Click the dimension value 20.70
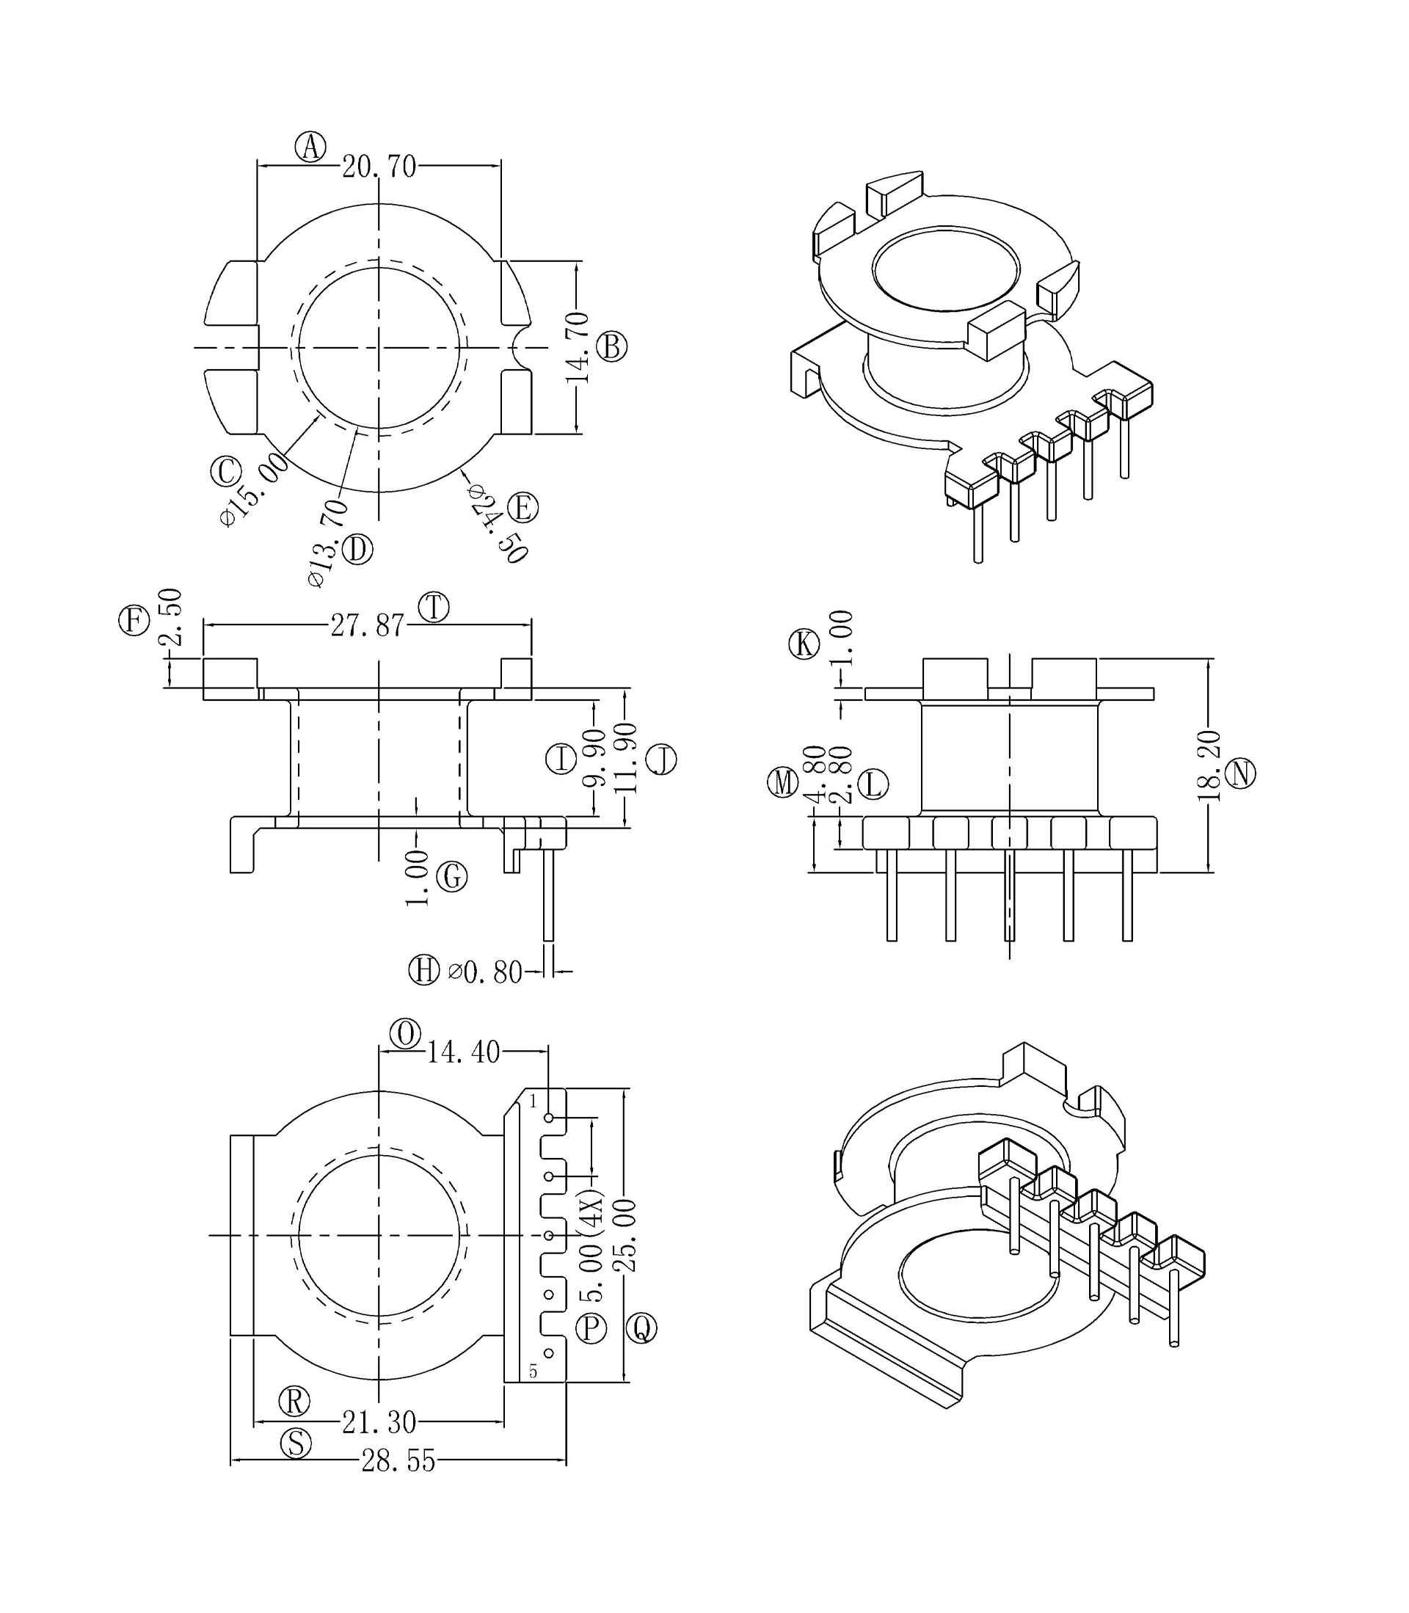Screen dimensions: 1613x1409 [378, 167]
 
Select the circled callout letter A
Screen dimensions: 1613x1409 [310, 147]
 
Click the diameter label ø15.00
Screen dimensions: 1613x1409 [254, 489]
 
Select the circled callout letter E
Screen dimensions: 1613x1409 [523, 508]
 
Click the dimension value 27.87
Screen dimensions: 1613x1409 [367, 626]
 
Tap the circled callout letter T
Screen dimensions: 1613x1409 [433, 608]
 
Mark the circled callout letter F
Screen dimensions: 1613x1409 [134, 620]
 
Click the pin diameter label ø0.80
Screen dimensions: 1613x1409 [485, 973]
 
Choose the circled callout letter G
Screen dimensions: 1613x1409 [451, 876]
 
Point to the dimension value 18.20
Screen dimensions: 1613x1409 [1209, 765]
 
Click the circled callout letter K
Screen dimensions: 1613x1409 [804, 644]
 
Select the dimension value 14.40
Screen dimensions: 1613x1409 [463, 1052]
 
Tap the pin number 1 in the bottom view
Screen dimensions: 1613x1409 [533, 1102]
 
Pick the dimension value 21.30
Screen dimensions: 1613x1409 [379, 1422]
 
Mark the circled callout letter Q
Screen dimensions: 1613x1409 [641, 1328]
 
